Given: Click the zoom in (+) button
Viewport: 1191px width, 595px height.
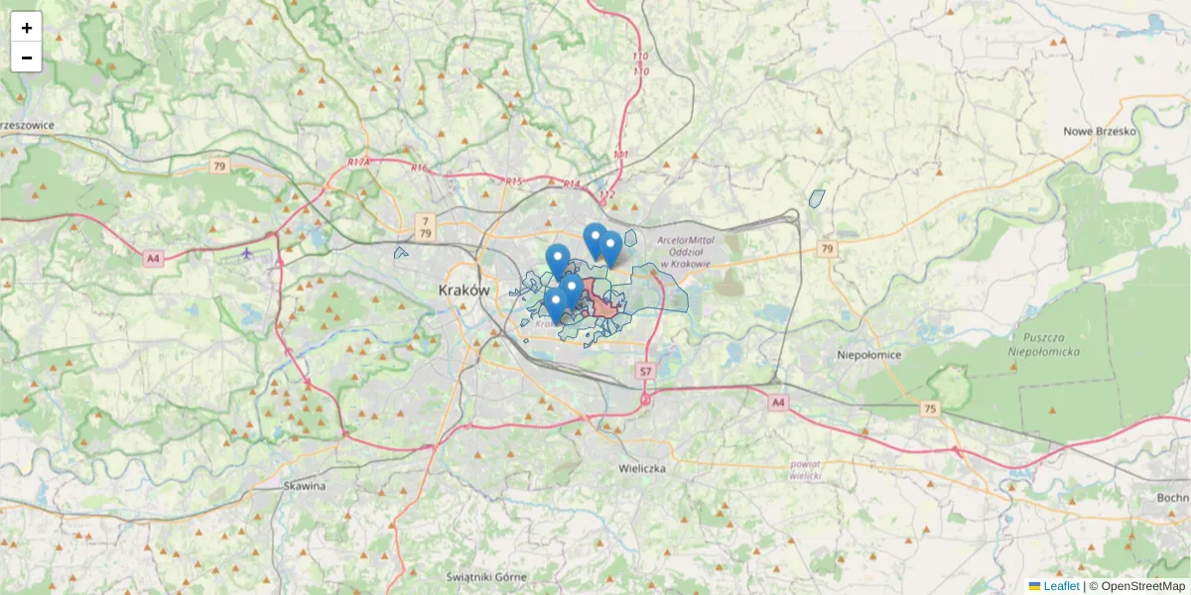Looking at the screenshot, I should [x=26, y=27].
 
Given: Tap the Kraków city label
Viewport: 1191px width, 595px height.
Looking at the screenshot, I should [x=463, y=291].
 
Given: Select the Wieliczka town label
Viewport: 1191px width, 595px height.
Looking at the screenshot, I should [x=641, y=467].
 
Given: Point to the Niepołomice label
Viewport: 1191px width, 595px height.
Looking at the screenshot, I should [x=868, y=353].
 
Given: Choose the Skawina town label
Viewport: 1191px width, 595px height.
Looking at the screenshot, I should [x=304, y=486].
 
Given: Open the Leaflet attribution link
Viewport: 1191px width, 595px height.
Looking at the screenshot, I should [x=1061, y=586].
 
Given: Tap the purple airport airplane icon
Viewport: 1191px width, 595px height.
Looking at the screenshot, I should [x=247, y=253].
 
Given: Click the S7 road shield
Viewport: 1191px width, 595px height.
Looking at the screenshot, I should [x=645, y=371].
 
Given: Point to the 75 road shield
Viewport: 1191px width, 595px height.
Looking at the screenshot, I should [x=929, y=409].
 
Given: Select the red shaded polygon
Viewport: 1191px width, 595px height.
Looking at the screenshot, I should [x=600, y=300].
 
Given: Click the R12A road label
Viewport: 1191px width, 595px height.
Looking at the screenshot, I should [x=358, y=162].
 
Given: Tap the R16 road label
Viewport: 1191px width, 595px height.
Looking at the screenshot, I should [x=420, y=168].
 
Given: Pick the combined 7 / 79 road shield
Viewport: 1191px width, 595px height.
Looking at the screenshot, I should [x=425, y=226].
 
